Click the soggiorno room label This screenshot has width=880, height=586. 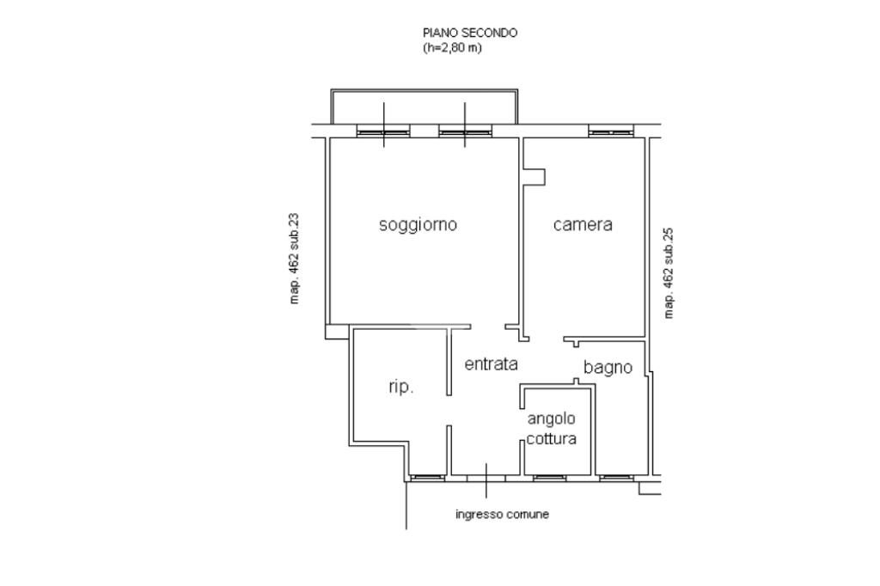coord(419,225)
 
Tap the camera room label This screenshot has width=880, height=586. coord(583,224)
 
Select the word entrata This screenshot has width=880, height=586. coord(491,364)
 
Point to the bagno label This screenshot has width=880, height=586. coord(608,368)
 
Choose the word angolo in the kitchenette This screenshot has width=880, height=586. coord(551,419)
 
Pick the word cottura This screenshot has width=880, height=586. coord(551,439)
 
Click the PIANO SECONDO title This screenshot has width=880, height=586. coord(470,33)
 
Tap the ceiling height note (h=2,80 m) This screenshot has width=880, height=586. coord(452,48)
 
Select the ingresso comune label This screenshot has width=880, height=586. coord(502,514)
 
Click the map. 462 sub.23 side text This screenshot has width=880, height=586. coord(294,258)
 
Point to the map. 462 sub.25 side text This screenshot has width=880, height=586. coord(668,272)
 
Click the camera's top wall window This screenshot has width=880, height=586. coord(611,132)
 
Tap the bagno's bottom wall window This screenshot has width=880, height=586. coord(616,479)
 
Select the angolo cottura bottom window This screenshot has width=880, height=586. coord(549,479)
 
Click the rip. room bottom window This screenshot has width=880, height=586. coord(428,479)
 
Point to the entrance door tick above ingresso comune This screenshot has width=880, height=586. coord(486,480)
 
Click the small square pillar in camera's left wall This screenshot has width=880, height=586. coord(534,176)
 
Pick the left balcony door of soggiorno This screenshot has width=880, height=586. coord(384,131)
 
